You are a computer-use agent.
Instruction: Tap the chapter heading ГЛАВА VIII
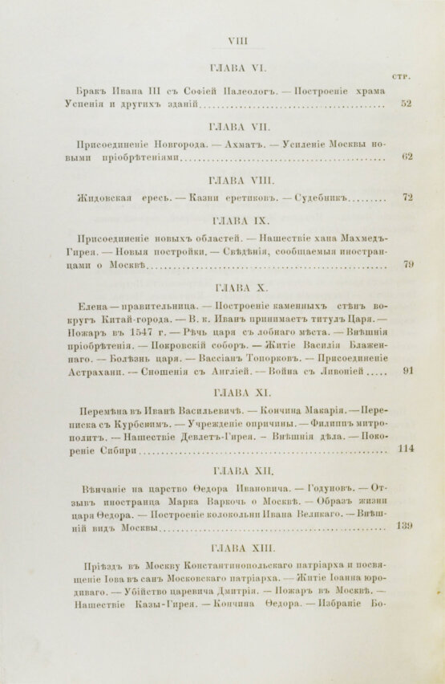point(241,178)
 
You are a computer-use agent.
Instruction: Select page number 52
point(406,104)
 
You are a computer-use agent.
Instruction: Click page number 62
point(407,156)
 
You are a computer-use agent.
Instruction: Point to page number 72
point(407,197)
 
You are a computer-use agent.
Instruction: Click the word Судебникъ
point(322,197)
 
